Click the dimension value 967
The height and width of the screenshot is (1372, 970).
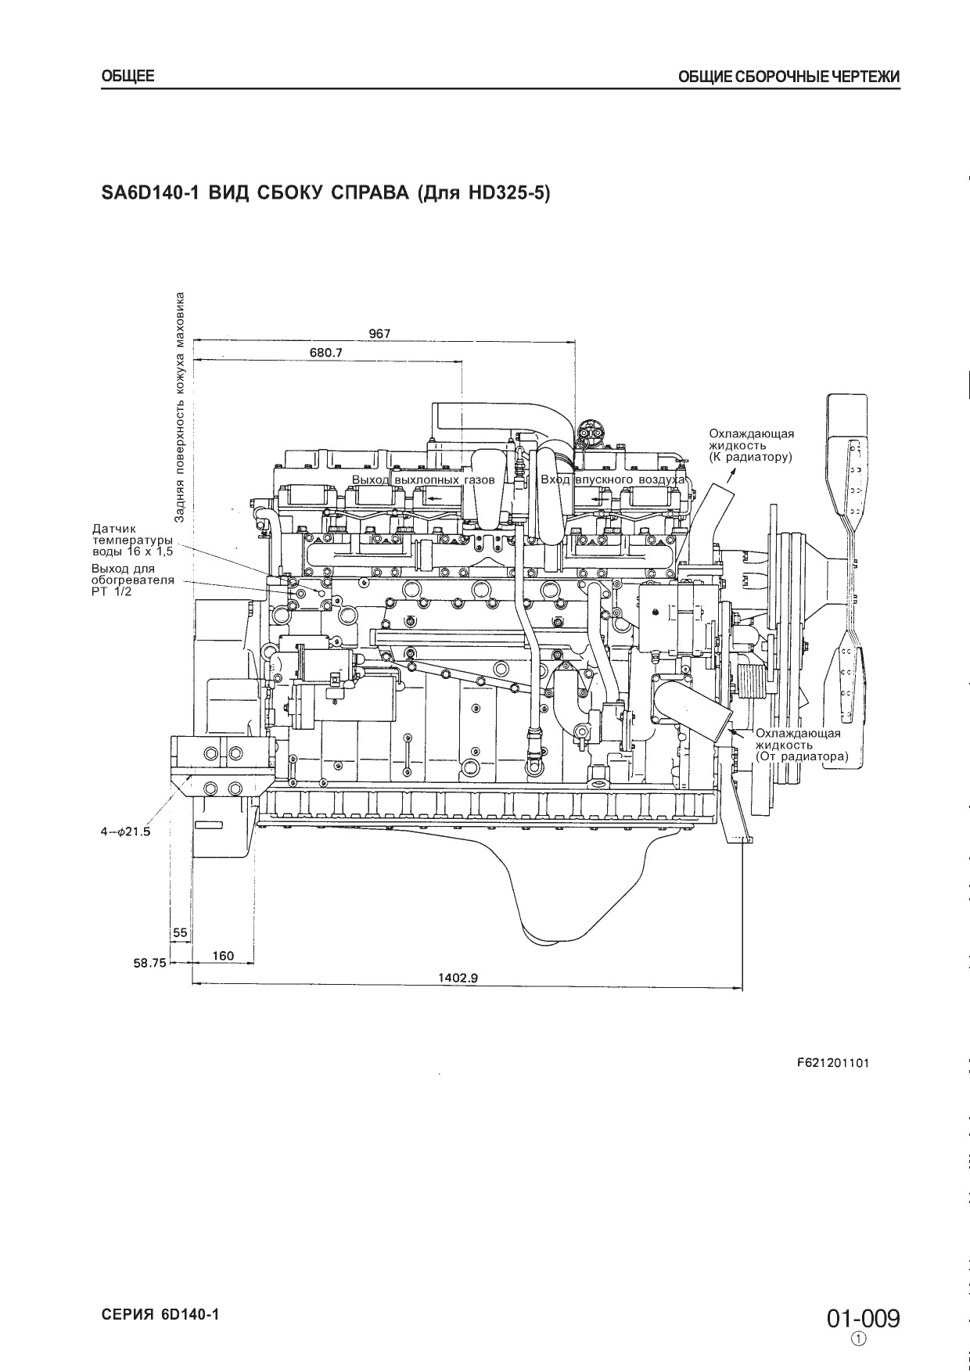pos(379,333)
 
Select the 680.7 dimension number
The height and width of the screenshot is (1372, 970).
pos(325,353)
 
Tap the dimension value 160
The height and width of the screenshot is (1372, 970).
pos(223,955)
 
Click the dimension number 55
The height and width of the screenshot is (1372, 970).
pos(180,932)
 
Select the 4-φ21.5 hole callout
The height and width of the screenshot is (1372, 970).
pos(124,831)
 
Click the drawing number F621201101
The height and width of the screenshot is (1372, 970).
pos(832,1063)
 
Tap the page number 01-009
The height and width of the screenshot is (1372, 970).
pos(864,1320)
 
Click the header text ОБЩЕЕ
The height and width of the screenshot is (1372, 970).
pos(128,76)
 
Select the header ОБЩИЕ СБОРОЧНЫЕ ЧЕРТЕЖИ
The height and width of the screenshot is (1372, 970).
pos(789,77)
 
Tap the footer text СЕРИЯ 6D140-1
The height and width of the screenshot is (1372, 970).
pos(160,1315)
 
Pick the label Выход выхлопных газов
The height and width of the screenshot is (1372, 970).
pos(423,479)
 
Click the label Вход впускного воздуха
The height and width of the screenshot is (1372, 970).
pos(613,479)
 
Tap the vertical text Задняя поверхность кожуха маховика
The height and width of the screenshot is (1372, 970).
pos(180,407)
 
